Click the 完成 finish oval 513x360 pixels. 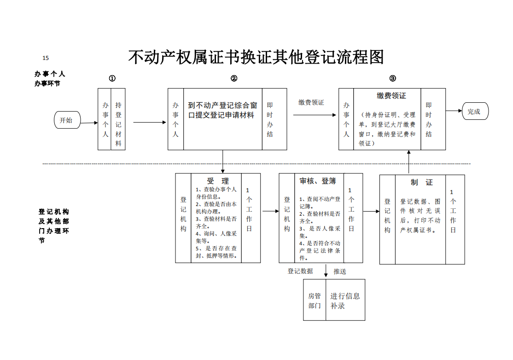point(475,111)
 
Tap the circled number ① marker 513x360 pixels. point(112,78)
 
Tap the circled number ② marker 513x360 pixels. point(234,78)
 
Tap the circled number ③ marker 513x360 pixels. point(393,78)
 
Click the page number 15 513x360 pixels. point(46,58)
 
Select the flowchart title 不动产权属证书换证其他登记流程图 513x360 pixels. point(256,57)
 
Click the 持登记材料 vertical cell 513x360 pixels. point(118,119)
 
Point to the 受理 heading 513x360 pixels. point(218,181)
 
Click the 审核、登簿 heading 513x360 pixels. point(318,181)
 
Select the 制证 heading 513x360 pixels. point(422,183)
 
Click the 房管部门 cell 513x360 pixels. point(315,300)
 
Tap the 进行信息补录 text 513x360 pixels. point(345,301)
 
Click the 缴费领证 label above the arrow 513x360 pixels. point(311,102)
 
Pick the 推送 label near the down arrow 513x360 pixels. point(339,271)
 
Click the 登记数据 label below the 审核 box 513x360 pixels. point(300,271)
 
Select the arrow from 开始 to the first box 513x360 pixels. point(89,123)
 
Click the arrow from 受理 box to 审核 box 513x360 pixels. point(270,211)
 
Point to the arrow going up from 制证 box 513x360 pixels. point(408,162)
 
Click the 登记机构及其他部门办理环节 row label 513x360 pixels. point(54,226)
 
